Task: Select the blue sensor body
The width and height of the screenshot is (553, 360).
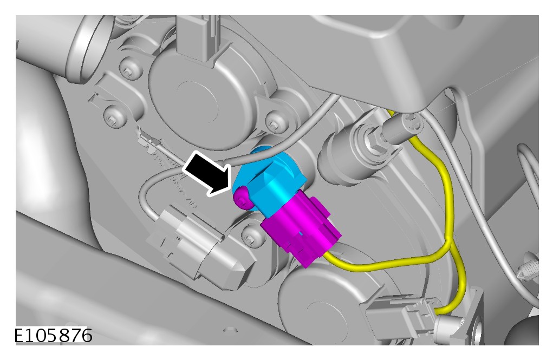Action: tap(271, 180)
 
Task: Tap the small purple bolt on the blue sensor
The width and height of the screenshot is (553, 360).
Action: tap(242, 198)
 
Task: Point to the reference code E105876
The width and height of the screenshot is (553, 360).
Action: tap(53, 335)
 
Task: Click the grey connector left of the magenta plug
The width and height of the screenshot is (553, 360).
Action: tap(201, 243)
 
